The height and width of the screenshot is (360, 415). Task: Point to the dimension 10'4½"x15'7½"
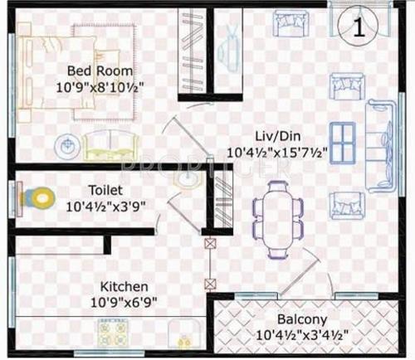pos(276,151)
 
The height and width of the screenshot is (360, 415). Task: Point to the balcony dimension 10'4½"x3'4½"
pos(302,335)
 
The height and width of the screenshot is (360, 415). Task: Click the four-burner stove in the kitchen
pos(112,333)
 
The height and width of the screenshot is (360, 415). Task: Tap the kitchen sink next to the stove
pos(180,333)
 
